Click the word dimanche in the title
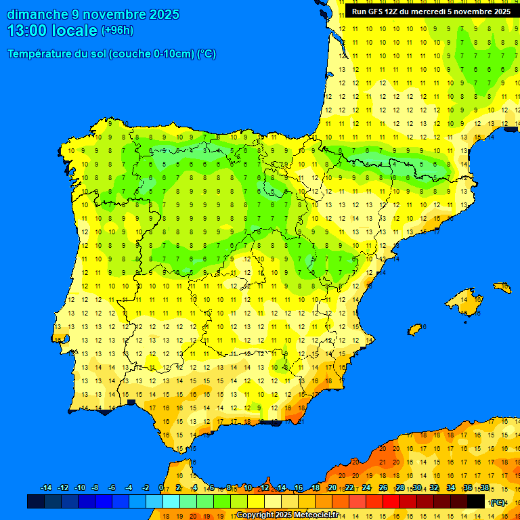click(37, 14)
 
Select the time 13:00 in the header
click(27, 30)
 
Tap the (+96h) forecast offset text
click(117, 30)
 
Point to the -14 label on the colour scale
click(46, 488)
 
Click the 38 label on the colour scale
click(484, 488)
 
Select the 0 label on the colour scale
click(161, 488)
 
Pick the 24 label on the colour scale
click(366, 488)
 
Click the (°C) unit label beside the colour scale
click(498, 502)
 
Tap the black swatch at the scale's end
click(476, 501)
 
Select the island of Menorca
click(502, 288)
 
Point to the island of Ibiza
click(415, 329)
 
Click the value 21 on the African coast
click(383, 462)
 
